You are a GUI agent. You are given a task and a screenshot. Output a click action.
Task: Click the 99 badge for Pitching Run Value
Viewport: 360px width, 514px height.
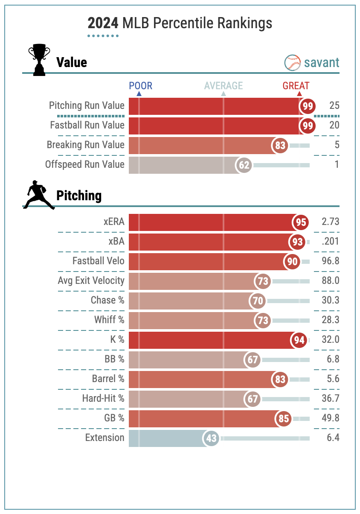click(307, 106)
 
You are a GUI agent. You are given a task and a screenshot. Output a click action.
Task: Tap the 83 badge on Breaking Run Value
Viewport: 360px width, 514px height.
click(280, 145)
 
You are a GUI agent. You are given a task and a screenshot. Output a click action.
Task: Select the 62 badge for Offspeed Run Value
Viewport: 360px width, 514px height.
click(244, 165)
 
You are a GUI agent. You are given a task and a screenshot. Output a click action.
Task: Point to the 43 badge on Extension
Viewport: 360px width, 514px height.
click(211, 438)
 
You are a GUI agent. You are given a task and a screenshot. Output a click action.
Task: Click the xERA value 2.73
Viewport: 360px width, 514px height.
click(330, 222)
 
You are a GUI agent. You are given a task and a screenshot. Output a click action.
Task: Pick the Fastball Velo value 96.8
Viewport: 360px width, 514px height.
click(330, 261)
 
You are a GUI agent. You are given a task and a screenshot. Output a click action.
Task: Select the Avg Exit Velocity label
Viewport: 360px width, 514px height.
click(91, 281)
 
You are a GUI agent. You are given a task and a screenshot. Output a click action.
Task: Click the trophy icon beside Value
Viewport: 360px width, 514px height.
click(39, 61)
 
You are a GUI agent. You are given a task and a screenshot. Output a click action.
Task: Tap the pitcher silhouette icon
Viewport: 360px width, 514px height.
click(39, 195)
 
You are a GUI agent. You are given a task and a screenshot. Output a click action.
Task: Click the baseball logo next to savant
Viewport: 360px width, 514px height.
click(293, 63)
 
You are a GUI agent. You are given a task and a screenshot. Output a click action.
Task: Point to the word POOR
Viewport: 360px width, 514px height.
click(140, 86)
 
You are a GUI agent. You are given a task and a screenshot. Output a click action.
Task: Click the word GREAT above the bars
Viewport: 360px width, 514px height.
click(296, 86)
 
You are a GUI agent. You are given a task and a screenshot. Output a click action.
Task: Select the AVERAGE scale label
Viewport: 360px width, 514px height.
click(223, 86)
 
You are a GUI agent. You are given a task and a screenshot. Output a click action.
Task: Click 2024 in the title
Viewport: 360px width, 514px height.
click(103, 23)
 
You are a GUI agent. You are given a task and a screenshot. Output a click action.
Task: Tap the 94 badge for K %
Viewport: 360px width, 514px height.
click(299, 340)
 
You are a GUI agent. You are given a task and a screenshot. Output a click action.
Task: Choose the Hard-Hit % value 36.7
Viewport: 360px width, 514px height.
click(330, 399)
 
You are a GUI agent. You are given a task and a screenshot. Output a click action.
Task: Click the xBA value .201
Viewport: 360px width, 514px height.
click(330, 242)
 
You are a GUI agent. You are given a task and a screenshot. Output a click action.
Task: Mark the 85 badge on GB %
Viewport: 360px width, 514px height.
click(284, 418)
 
